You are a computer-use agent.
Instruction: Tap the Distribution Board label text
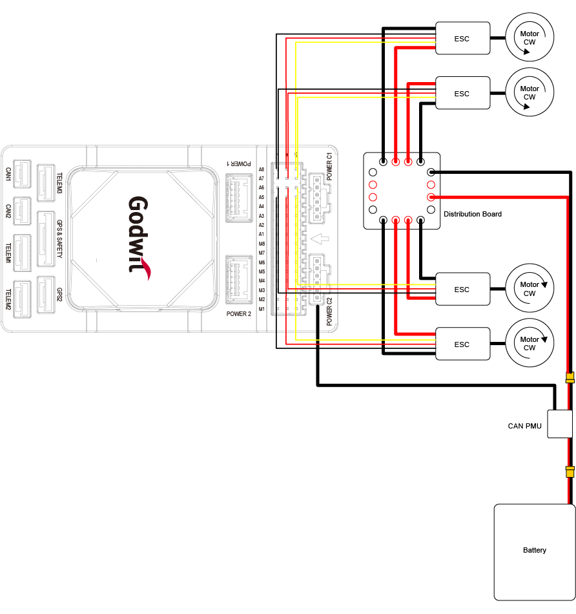[x=473, y=214]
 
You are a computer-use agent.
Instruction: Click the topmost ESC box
[x=462, y=39]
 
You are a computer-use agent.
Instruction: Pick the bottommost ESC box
[x=462, y=344]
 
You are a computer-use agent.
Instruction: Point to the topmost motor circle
[x=530, y=38]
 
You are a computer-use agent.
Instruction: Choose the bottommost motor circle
[x=530, y=343]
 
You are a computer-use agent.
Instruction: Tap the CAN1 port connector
[x=23, y=175]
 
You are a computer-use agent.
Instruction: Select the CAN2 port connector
[x=23, y=211]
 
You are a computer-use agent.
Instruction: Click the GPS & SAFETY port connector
[x=46, y=238]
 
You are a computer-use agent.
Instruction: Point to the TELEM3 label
[x=59, y=184]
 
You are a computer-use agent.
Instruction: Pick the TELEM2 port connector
[x=23, y=301]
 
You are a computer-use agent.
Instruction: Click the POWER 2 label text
[x=238, y=314]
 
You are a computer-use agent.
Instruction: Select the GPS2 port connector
[x=46, y=295]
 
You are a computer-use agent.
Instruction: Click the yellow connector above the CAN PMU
[x=570, y=377]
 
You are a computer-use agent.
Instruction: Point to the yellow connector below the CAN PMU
[x=570, y=472]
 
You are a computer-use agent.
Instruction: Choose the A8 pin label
[x=262, y=169]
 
